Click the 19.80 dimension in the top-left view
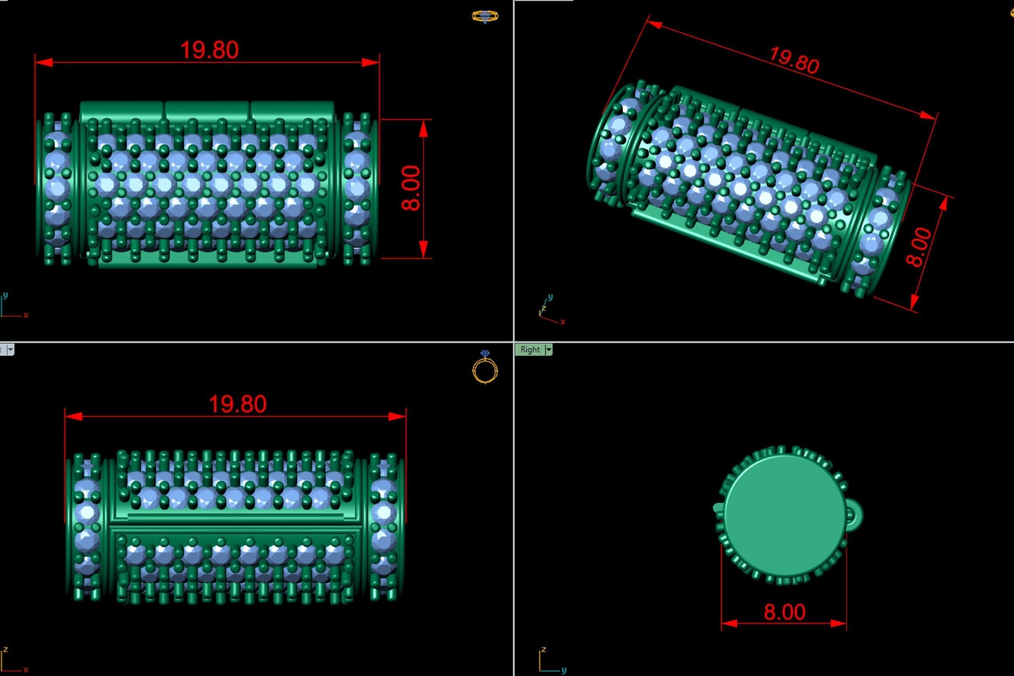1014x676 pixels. (x=209, y=50)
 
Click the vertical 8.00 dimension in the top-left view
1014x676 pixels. (x=411, y=188)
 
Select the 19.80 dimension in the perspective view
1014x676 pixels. (x=794, y=60)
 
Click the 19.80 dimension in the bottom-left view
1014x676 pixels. (x=237, y=404)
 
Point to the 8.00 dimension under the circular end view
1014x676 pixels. (x=784, y=612)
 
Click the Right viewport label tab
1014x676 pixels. (x=530, y=349)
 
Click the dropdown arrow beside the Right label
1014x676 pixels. (x=549, y=349)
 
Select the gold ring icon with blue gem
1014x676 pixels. (x=485, y=367)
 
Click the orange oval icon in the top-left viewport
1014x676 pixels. (x=485, y=17)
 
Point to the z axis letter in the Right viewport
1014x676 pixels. (x=544, y=649)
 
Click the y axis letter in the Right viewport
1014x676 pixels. (x=564, y=671)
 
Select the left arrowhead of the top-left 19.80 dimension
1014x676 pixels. (x=43, y=63)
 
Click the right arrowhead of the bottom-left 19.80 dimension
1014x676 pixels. (x=397, y=416)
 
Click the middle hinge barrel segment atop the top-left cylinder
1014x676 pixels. (x=207, y=111)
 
